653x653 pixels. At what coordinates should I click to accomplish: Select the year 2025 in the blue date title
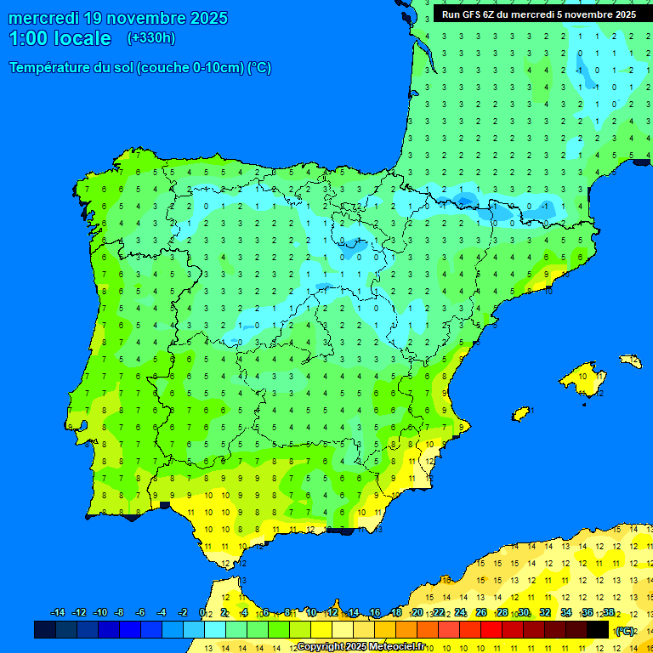[202, 18]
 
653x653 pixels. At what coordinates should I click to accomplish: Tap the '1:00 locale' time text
[60, 38]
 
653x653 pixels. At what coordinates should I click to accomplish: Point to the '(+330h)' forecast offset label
[151, 38]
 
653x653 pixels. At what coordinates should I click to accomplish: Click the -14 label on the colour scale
[58, 613]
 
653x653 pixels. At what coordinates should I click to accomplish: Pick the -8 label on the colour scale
[120, 613]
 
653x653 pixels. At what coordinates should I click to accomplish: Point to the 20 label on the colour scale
[417, 613]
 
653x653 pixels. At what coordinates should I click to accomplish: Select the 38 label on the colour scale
[609, 613]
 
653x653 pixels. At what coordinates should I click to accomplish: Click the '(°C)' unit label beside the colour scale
[625, 631]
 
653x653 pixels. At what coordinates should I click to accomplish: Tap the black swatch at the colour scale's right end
[598, 630]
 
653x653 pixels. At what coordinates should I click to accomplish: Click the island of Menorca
[630, 361]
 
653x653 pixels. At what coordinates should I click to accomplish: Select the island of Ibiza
[521, 414]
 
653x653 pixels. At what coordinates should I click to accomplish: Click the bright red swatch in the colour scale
[491, 630]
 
